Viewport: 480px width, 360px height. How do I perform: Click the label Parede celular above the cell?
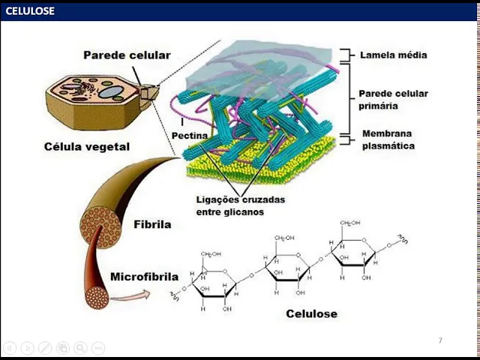point(127,55)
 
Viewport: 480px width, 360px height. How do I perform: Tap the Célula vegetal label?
point(86,146)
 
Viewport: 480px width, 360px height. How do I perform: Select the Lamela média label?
point(394,55)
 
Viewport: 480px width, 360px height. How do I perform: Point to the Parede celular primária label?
point(393,100)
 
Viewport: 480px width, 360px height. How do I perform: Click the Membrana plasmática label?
point(388,139)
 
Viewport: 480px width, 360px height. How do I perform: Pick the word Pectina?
point(190,135)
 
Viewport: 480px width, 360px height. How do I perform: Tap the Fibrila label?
point(152,223)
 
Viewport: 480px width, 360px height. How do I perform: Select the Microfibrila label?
point(144,276)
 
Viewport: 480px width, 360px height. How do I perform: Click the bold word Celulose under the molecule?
point(311,313)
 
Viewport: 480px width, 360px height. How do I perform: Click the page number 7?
point(440,341)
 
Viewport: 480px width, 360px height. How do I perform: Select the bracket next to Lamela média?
point(346,55)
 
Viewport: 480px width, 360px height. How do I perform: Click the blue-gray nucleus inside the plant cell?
point(112,93)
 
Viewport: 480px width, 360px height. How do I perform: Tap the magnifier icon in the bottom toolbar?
point(79,348)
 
